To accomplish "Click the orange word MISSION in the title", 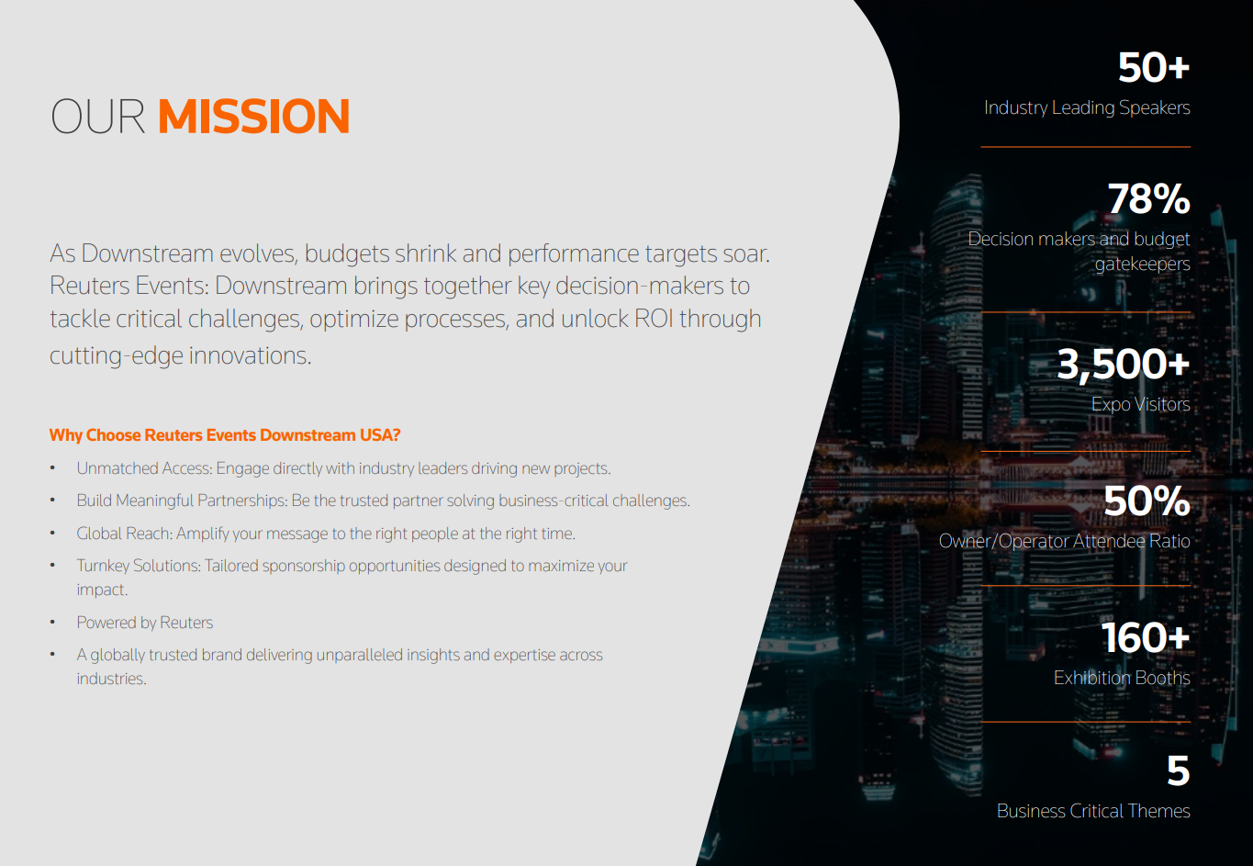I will point(253,117).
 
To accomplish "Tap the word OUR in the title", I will point(97,117).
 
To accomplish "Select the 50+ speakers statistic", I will point(1153,68).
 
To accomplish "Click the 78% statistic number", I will point(1148,199).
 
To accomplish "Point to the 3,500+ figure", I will point(1123,365).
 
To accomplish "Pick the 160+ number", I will point(1145,638).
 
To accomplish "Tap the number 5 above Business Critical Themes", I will point(1178,771).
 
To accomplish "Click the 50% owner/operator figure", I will point(1147,501).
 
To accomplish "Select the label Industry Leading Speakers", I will point(1087,107).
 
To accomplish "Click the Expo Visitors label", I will point(1140,404).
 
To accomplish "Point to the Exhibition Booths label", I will point(1122,678).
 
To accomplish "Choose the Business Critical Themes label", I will point(1093,811).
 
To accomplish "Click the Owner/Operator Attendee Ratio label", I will point(1064,541).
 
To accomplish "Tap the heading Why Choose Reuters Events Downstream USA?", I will point(225,435).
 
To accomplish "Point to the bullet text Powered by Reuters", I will point(145,623).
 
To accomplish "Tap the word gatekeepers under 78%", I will point(1142,264).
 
